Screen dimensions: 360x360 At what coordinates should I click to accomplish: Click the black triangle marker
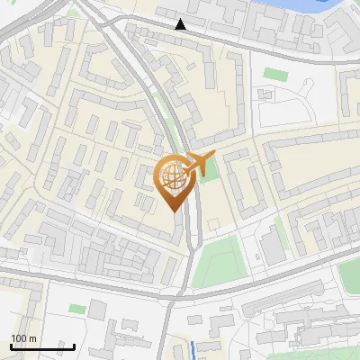pyautogui.click(x=181, y=24)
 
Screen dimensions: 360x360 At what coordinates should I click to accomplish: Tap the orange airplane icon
pyautogui.click(x=199, y=163)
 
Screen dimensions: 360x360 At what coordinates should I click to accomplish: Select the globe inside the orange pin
pyautogui.click(x=171, y=176)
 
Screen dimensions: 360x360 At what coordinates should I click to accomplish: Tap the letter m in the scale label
pyautogui.click(x=32, y=338)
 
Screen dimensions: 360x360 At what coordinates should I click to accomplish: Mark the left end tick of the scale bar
pyautogui.click(x=10, y=346)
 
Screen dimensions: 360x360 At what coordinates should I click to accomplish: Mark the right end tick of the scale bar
pyautogui.click(x=75, y=346)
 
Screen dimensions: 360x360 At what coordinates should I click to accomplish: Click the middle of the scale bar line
pyautogui.click(x=42, y=347)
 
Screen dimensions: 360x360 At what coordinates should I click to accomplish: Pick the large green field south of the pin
pyautogui.click(x=218, y=262)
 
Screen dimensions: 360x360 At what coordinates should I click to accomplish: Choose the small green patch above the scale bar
pyautogui.click(x=77, y=309)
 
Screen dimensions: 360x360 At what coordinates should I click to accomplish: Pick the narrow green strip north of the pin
pyautogui.click(x=171, y=135)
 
